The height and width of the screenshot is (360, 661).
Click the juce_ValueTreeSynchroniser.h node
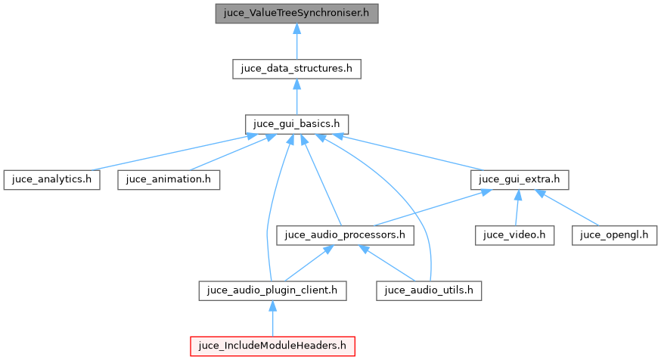pos(296,14)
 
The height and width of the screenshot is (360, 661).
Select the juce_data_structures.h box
pos(296,69)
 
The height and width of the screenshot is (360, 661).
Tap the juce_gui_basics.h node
pos(296,124)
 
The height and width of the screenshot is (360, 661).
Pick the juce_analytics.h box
pos(51,180)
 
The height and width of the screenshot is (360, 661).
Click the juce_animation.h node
pos(169,180)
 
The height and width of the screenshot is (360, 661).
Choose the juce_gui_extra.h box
pos(519,180)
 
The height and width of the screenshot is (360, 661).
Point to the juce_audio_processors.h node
pos(346,235)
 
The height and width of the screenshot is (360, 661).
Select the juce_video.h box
pos(515,235)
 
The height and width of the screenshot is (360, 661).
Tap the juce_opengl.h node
pos(613,235)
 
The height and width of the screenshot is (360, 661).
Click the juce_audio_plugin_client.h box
pos(272,290)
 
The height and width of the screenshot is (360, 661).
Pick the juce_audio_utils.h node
pos(430,290)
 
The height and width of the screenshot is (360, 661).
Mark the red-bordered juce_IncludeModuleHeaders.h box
pos(272,346)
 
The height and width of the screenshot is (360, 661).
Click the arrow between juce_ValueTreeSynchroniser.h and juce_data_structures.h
pos(296,42)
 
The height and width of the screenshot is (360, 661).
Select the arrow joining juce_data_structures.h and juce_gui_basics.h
pos(296,97)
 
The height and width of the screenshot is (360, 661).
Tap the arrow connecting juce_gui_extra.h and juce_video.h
pos(517,208)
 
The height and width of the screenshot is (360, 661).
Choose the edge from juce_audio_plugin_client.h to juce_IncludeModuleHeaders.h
pos(272,318)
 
